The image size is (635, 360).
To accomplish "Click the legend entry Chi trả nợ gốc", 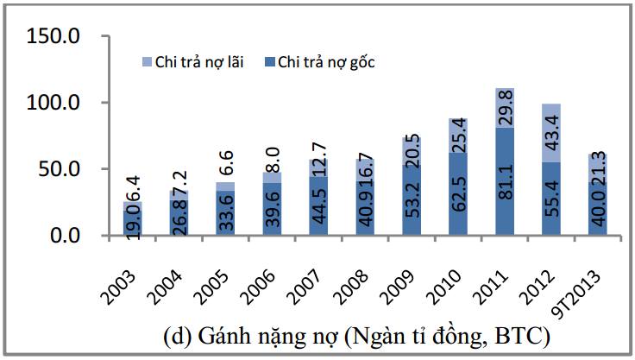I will [325, 62].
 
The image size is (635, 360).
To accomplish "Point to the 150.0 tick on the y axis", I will [54, 36].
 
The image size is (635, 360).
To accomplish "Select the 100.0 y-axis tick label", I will [54, 103].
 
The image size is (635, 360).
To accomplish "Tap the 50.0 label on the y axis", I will [60, 169].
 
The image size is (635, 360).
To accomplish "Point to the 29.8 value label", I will [505, 109].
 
